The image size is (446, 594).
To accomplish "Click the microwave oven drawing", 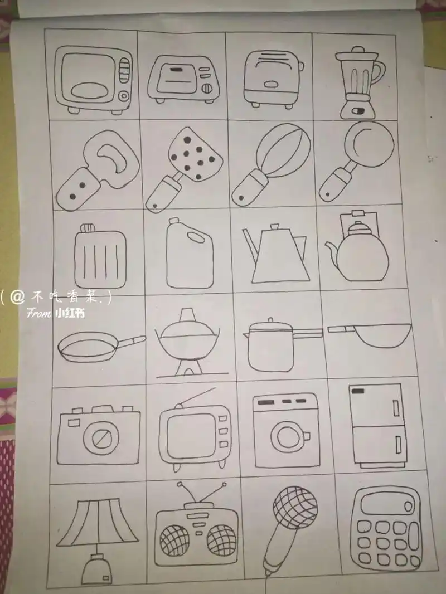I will click(94, 80).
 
